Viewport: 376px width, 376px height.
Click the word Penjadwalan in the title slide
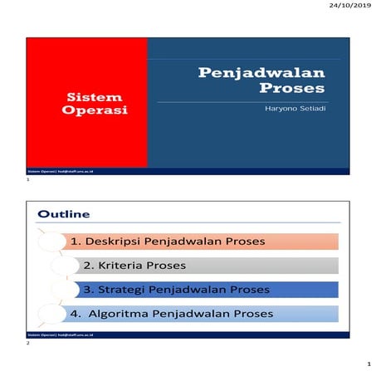pos(260,74)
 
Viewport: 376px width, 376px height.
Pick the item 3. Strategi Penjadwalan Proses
pos(177,290)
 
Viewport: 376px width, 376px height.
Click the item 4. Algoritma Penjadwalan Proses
pos(172,313)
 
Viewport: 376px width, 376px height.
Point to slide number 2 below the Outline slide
pos(28,343)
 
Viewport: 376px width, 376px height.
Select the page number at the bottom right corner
pos(367,364)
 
